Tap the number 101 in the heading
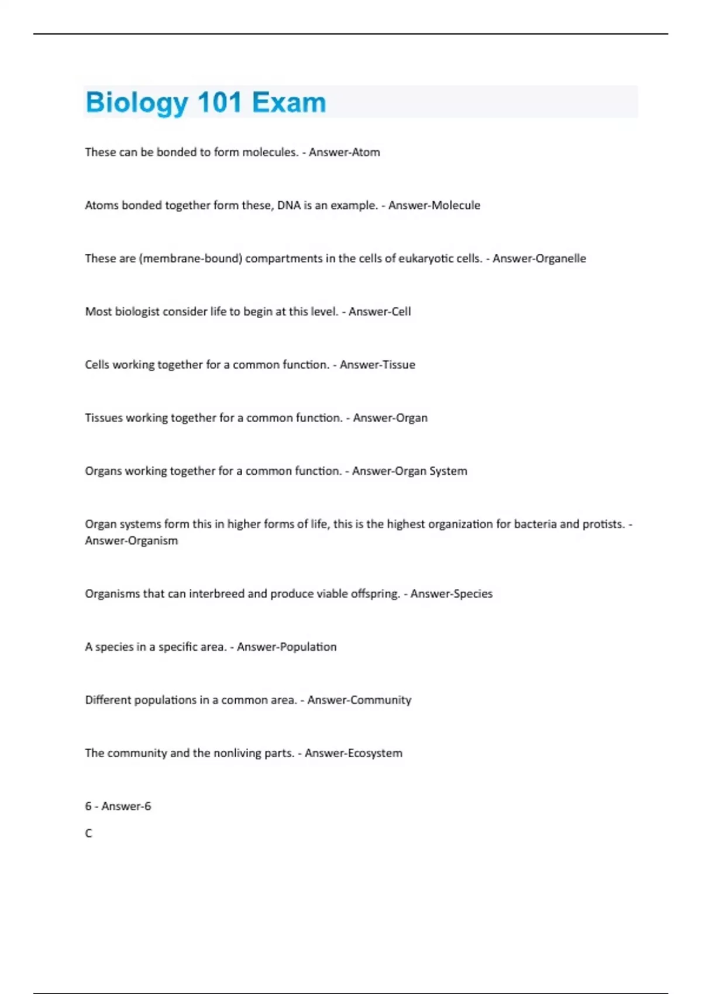coord(219,102)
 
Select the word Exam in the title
coord(288,102)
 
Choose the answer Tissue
coord(397,365)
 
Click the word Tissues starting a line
coord(104,418)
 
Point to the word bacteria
coord(535,524)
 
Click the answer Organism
coord(152,541)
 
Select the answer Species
coord(473,594)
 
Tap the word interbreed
coord(216,594)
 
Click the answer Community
coord(383,700)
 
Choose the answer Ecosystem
coord(377,754)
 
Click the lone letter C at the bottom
coord(88,833)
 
